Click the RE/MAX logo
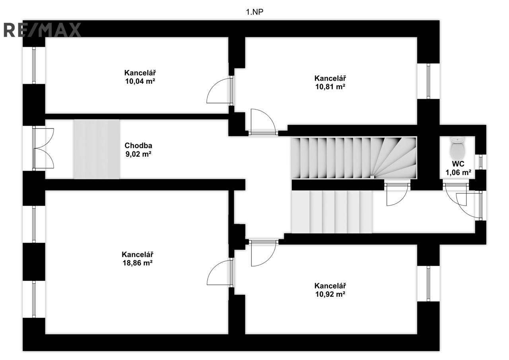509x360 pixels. (x=42, y=30)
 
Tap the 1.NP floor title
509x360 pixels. (x=254, y=12)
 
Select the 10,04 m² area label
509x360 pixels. (x=140, y=81)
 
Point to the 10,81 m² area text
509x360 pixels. (x=330, y=87)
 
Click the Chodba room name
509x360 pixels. (x=138, y=146)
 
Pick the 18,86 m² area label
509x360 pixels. (x=138, y=263)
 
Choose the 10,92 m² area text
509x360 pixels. (x=330, y=294)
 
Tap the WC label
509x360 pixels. (x=458, y=164)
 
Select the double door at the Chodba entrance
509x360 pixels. (x=43, y=148)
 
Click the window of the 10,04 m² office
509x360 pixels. (x=34, y=66)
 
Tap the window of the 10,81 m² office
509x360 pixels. (x=428, y=81)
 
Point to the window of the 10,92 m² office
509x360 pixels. (x=428, y=283)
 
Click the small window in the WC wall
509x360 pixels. (x=481, y=162)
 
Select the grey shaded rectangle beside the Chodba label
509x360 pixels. (x=97, y=149)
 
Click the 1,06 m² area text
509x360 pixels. (x=458, y=173)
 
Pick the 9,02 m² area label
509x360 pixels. (x=138, y=154)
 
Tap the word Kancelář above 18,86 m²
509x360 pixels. (x=138, y=254)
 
